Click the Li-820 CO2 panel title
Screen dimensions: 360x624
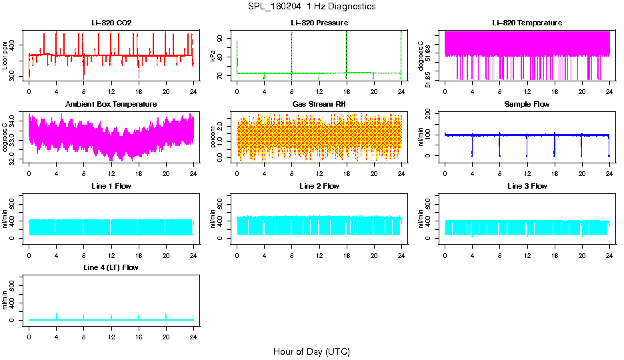click(x=111, y=23)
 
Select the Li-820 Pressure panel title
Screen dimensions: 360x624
click(x=319, y=23)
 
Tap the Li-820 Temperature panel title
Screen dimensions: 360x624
click(x=527, y=23)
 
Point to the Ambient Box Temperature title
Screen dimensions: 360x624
click(x=111, y=104)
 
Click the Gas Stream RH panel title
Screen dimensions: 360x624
click(x=319, y=104)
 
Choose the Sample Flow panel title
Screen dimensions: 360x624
click(x=527, y=104)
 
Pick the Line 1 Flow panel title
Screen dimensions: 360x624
click(x=111, y=186)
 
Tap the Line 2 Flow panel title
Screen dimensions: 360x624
click(x=319, y=186)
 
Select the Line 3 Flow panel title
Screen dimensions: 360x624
click(x=527, y=186)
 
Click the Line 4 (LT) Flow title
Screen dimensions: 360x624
click(x=111, y=267)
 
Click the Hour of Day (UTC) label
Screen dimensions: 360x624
click(x=311, y=351)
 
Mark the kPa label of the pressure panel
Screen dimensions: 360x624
click(x=213, y=56)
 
